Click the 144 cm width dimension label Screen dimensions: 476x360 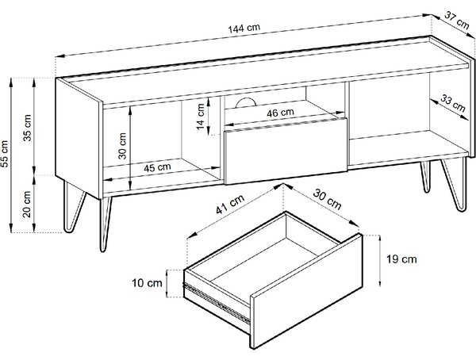pos(244,29)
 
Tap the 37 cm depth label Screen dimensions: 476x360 pos(457,20)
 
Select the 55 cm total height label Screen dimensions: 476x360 pos(5,154)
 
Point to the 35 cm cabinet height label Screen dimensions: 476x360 pos(27,128)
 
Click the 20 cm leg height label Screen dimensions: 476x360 pos(27,204)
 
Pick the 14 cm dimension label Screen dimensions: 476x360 pos(201,117)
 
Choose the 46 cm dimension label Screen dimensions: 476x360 pos(281,113)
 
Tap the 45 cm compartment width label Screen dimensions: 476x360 pos(157,167)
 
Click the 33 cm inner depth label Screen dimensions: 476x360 pos(453,103)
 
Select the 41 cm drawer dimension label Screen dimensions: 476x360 pos(230,204)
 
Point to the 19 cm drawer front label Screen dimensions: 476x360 pos(401,259)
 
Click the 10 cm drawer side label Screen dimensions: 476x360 pos(147,283)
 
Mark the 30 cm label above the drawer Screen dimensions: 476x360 pos(327,199)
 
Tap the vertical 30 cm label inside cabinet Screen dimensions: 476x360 pos(122,146)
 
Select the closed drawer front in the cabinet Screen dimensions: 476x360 pos(286,151)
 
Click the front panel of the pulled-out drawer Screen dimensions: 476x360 pos(306,291)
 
